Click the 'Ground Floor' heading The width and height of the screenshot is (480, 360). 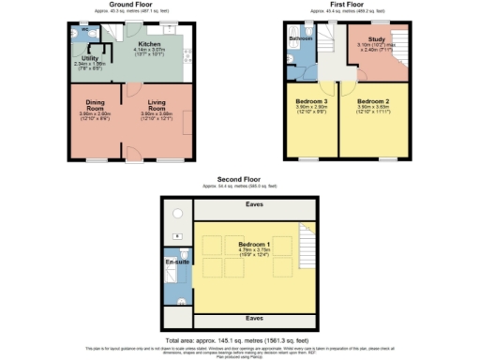point(130,4)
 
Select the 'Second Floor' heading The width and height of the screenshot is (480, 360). point(237,179)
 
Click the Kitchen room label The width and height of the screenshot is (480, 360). point(151,44)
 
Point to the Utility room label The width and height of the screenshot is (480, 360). point(90,58)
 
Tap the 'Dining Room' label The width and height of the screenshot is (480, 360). point(96,104)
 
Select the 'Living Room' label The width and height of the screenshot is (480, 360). point(157,104)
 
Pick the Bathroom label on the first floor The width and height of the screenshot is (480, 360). point(301,39)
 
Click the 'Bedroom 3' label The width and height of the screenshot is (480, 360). point(311,99)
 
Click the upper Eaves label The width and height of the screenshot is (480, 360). point(254,204)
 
